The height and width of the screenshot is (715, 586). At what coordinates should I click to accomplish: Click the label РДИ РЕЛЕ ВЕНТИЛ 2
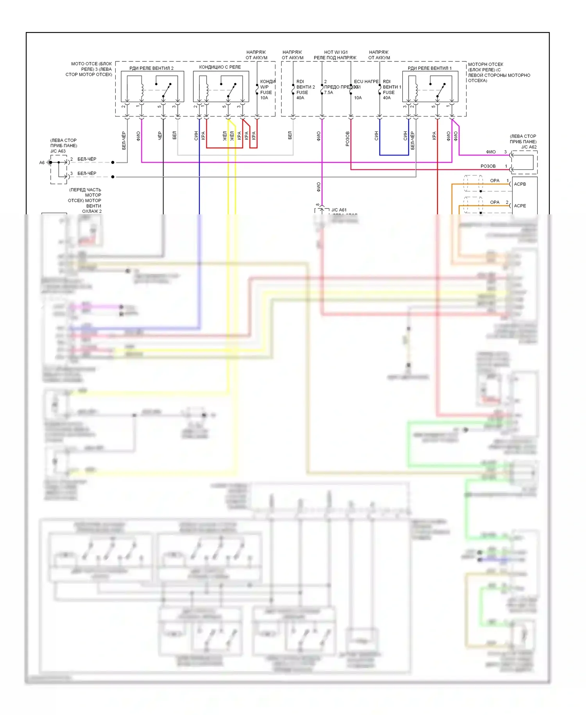tap(151, 68)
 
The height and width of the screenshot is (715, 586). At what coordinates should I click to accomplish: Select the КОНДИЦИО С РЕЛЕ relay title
tap(220, 67)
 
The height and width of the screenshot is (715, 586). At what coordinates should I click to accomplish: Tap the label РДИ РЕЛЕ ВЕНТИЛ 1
tap(429, 68)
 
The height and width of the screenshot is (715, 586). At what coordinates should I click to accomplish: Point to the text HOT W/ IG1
tap(336, 52)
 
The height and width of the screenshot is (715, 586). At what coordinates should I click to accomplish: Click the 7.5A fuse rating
tap(329, 93)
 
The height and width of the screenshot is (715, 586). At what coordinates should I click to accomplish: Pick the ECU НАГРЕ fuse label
tap(366, 81)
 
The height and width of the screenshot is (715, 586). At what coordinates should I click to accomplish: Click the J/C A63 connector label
tap(58, 151)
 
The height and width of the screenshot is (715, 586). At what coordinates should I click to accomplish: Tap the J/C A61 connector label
tap(339, 210)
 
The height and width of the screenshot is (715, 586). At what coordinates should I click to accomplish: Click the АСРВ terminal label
tap(520, 184)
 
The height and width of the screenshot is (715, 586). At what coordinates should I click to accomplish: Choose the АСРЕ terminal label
tap(520, 206)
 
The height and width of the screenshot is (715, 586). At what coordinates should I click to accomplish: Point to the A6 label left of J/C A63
tap(42, 163)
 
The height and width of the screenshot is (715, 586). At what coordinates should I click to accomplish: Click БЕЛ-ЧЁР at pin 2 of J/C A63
tap(87, 159)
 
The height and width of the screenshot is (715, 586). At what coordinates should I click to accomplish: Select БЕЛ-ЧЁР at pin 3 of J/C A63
tap(87, 173)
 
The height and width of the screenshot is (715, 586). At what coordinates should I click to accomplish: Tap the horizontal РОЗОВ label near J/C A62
tap(488, 166)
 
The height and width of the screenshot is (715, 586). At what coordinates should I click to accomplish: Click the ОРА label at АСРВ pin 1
tap(495, 181)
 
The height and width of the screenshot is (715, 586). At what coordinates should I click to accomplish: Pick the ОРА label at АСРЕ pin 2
tap(495, 202)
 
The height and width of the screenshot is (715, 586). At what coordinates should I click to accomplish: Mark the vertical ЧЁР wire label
tap(160, 136)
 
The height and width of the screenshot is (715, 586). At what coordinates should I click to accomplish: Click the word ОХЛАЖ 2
tap(92, 211)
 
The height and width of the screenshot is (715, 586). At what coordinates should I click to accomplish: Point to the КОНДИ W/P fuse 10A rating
tap(264, 98)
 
